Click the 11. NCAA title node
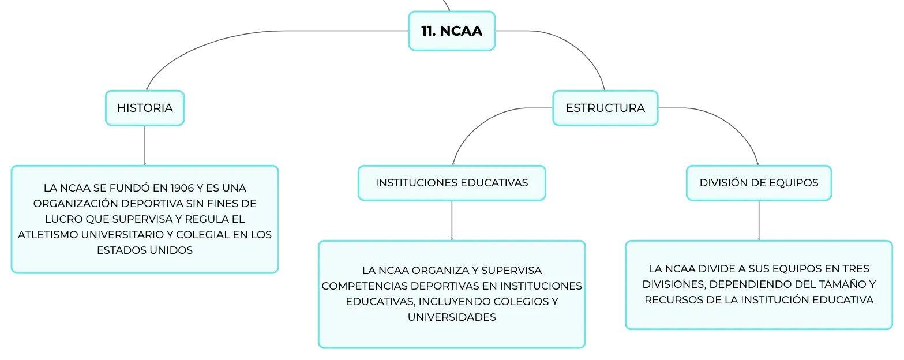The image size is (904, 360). coord(452,31)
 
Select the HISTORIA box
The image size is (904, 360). coord(145,108)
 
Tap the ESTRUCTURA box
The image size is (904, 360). coord(605,108)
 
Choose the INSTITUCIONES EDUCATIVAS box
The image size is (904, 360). coord(452,183)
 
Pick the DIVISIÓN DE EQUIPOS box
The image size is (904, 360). coord(759,183)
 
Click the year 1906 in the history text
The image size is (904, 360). coord(182,188)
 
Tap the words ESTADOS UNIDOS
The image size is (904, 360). coord(145,250)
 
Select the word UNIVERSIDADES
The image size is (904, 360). coord(452,317)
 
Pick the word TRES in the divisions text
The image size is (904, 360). coord(856,269)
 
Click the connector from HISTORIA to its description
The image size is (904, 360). coord(145,145)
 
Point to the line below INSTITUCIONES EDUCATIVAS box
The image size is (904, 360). coord(452,220)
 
